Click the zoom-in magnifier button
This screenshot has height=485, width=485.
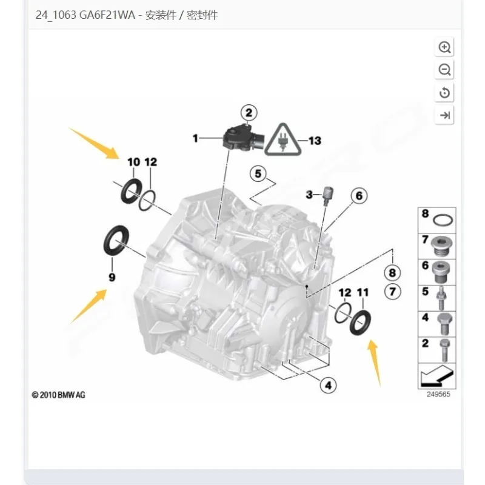[444, 47]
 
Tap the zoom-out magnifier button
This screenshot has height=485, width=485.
[444, 70]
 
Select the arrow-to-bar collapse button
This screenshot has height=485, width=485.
[444, 115]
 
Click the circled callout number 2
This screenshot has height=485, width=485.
[249, 113]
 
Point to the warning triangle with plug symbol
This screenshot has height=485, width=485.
[283, 140]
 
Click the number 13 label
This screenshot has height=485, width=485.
[315, 141]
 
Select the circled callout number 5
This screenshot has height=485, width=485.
[258, 174]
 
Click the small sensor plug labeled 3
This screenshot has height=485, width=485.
[327, 195]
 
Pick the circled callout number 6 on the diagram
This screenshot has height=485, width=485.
[359, 195]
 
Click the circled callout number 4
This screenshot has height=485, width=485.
[328, 386]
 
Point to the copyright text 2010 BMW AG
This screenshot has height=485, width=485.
[58, 395]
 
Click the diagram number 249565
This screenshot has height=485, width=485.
[438, 395]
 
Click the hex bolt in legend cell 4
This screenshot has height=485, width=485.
[444, 324]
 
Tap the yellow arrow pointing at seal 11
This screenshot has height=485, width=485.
[375, 363]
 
